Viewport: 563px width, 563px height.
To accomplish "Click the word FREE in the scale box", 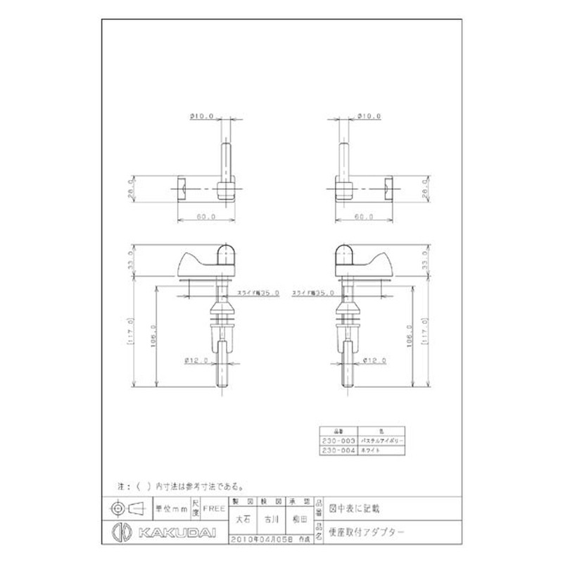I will [x=214, y=507].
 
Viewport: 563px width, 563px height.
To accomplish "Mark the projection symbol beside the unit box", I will [x=126, y=507].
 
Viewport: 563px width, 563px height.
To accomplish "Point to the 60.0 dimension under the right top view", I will [x=364, y=217].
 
